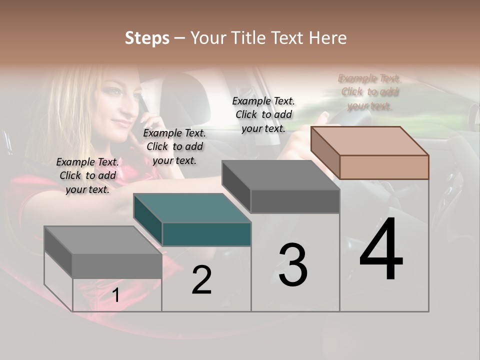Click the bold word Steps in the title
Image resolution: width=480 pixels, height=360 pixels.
147,38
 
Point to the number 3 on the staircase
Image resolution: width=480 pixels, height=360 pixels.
292,265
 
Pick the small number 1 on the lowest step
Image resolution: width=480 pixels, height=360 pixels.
115,295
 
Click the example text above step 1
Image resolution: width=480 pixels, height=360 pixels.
87,175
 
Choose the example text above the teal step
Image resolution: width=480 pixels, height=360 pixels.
174,146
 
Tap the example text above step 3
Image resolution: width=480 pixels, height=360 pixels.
263,114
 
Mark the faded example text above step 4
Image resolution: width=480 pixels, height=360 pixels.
369,92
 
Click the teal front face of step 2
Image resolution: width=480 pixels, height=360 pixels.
206,234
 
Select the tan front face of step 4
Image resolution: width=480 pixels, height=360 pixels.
384,167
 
